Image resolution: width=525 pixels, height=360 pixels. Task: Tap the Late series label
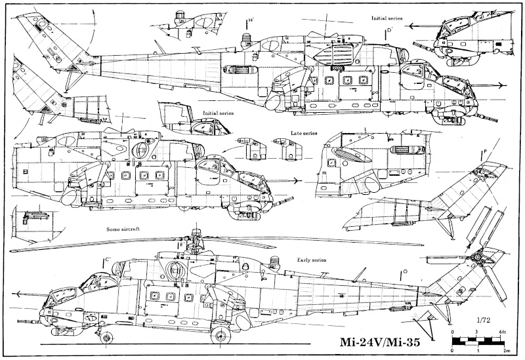[304, 134]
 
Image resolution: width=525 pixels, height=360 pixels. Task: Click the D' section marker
[389, 31]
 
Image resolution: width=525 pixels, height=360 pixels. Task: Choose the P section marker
[484, 153]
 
